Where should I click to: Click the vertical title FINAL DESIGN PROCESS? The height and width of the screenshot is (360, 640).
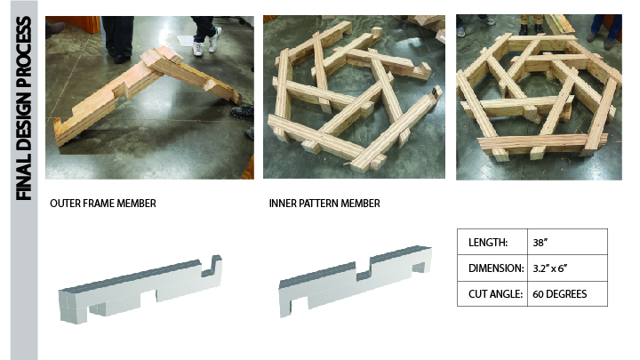click(23, 108)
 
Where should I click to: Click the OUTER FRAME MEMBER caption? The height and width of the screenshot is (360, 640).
click(103, 204)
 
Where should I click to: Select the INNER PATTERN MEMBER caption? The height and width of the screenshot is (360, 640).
click(324, 204)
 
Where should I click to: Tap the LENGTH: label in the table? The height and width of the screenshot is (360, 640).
click(488, 243)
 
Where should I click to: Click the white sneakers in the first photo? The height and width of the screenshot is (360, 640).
click(207, 42)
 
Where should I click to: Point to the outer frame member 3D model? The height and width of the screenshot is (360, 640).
click(140, 290)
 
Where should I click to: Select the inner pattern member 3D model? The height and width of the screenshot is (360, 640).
click(355, 281)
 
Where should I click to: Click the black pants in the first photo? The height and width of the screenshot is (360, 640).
click(117, 35)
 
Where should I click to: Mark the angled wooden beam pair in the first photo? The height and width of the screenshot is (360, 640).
click(147, 95)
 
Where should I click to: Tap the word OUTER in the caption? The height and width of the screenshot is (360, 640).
click(65, 204)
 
